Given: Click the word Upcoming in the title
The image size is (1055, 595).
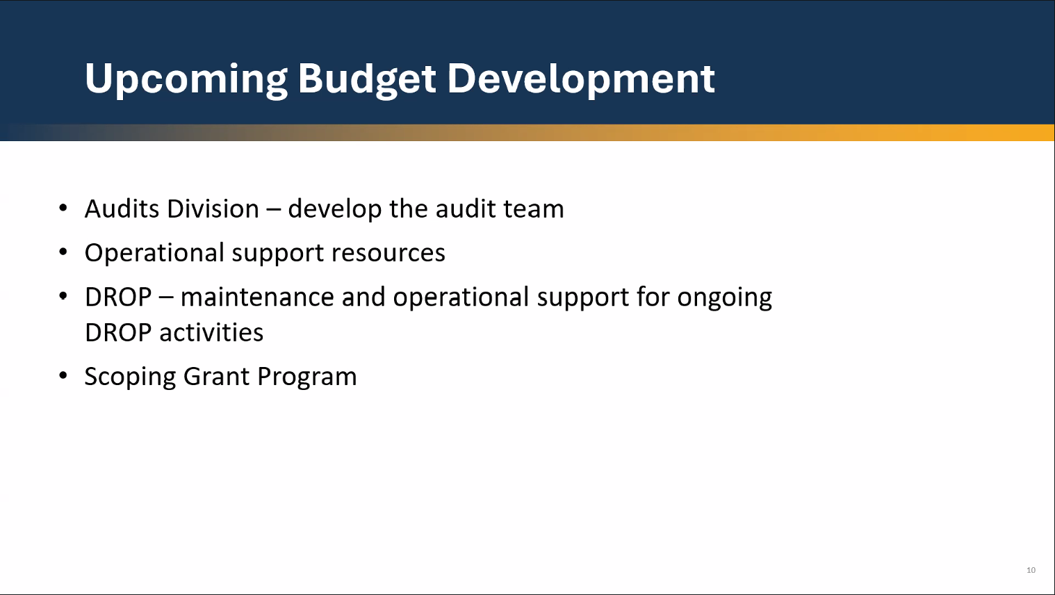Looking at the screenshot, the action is [186, 80].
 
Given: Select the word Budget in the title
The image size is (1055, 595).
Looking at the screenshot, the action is [367, 80].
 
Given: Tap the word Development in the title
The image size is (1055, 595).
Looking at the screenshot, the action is [581, 80].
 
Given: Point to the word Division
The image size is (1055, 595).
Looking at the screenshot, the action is [213, 209].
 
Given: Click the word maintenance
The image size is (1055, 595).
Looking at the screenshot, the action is [257, 297].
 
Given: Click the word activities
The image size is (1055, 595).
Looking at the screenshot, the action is [211, 332].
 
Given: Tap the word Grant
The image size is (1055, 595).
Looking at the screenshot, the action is [216, 377].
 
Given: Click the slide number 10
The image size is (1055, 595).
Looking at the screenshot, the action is [1031, 570].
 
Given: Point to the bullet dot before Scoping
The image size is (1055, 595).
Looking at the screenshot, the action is [63, 375].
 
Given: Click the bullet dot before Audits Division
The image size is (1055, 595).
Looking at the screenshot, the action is [63, 208].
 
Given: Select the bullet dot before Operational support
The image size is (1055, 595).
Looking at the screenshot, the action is [63, 252].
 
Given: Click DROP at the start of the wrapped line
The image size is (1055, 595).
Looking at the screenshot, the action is [118, 332].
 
